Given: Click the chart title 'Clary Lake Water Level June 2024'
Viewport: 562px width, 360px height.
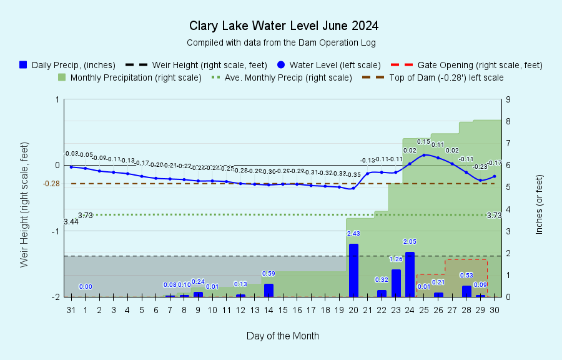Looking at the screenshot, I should [283, 26].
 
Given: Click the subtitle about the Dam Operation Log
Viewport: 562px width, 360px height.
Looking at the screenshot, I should [281, 42].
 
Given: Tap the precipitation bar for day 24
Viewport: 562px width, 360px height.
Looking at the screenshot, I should [410, 274].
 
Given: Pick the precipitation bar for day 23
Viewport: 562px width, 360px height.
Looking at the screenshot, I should [396, 283].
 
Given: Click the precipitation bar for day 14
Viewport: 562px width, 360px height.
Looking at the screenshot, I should [269, 290].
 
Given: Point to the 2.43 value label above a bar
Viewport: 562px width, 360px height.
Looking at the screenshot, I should [353, 233].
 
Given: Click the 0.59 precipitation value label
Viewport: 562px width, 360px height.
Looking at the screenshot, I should [269, 273].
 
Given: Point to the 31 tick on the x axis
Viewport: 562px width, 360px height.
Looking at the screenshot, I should [71, 309].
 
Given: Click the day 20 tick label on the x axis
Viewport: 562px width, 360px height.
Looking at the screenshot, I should [353, 309].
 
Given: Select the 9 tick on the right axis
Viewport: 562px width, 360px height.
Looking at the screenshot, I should [510, 99].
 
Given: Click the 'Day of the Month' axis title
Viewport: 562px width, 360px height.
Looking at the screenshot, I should [283, 336].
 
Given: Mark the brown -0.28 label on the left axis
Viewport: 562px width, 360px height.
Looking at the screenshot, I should [51, 184].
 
